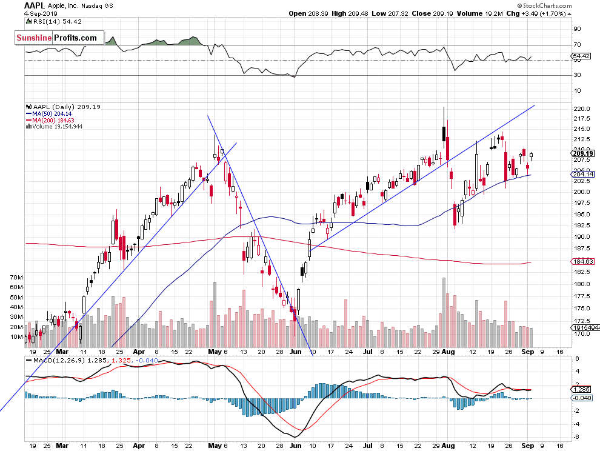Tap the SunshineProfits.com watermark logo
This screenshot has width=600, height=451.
tap(56, 38)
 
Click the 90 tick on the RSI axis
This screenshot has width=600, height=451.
tap(577, 28)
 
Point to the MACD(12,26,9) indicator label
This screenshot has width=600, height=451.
tap(52, 359)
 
